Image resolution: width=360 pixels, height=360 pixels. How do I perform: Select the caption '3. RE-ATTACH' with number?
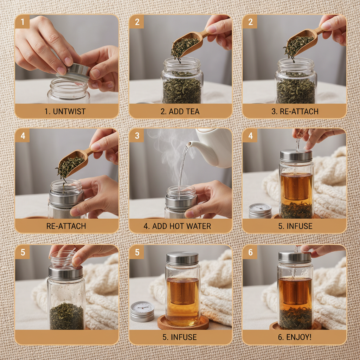tap(295, 111)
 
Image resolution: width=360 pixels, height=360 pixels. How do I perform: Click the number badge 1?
tap(22, 22)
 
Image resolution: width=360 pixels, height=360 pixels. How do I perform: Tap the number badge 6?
tap(250, 252)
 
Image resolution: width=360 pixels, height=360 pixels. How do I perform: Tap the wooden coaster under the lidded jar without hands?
tap(183, 322)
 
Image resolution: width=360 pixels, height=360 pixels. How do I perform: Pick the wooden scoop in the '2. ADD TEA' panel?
tap(188, 44)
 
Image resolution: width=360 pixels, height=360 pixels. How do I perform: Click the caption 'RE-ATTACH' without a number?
tap(66, 226)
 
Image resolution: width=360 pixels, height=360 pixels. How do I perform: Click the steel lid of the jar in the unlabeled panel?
tap(66, 272)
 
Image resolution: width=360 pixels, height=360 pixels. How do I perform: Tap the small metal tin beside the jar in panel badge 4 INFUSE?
tap(260, 210)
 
